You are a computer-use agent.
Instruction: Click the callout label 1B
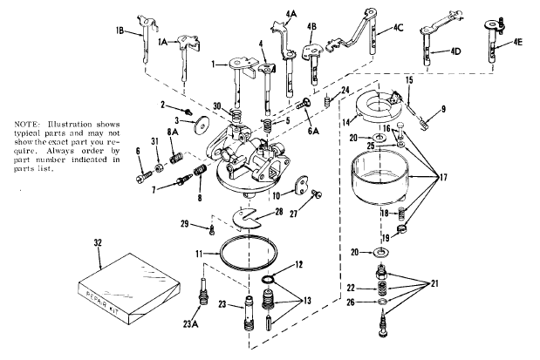click(x=119, y=31)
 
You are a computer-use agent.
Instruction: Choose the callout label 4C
click(x=398, y=27)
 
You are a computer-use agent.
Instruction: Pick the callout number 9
click(x=443, y=109)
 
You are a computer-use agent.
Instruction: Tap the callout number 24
click(x=345, y=90)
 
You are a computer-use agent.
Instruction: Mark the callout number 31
click(x=154, y=142)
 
